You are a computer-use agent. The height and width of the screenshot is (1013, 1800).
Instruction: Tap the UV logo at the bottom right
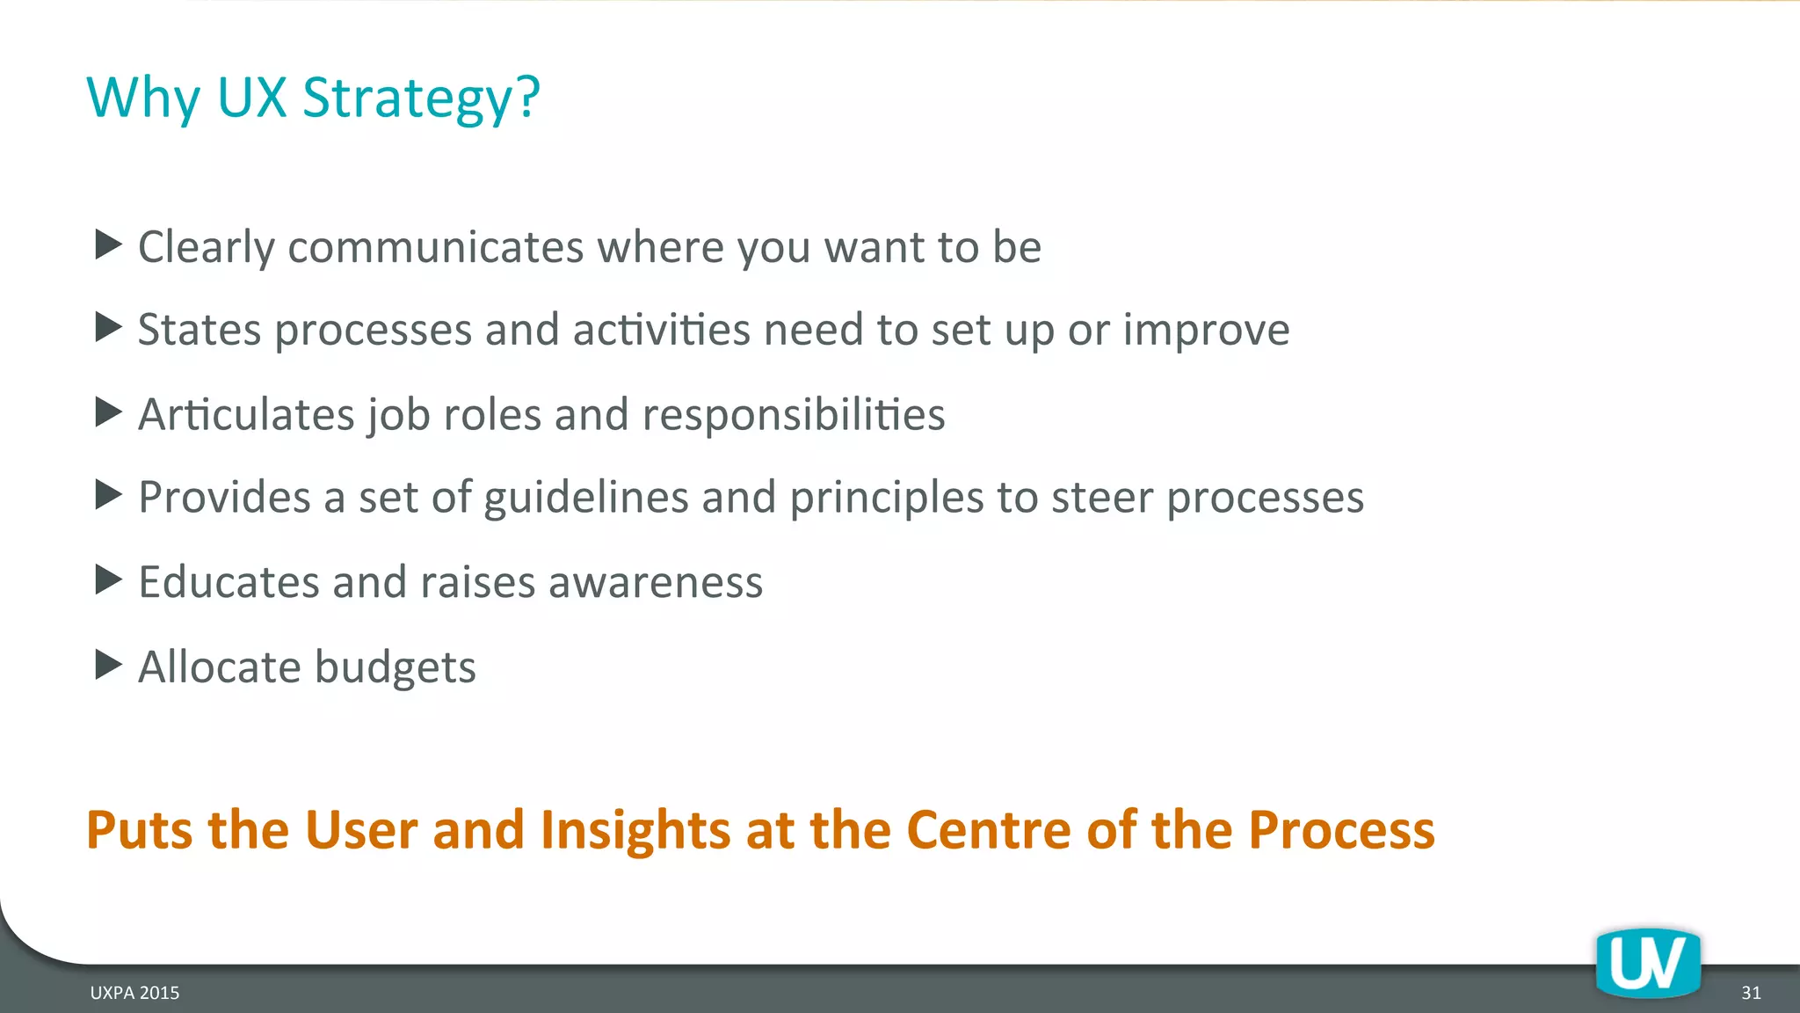tap(1648, 964)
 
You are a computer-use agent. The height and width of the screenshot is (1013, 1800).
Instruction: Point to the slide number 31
tap(1751, 993)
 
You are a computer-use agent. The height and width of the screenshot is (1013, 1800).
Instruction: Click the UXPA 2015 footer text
tap(134, 993)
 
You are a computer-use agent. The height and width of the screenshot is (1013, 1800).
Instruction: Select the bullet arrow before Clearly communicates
tap(108, 244)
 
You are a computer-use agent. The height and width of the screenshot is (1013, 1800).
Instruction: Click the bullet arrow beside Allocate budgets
tap(108, 665)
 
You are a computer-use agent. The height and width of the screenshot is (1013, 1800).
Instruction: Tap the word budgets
tap(395, 667)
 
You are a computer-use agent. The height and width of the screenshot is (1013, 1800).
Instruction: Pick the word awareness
tap(656, 582)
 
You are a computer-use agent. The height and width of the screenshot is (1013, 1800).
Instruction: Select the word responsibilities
tap(794, 414)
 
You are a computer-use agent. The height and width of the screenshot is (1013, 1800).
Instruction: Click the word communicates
tap(435, 246)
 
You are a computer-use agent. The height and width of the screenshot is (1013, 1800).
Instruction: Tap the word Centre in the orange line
tap(989, 829)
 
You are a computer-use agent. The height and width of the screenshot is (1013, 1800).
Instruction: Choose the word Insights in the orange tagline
tap(635, 829)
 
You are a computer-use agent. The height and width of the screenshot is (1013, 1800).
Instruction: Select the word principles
tap(886, 498)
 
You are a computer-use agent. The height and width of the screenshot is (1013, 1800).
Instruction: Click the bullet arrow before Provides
tap(108, 495)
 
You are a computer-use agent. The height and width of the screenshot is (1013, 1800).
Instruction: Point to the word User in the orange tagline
tap(360, 829)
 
